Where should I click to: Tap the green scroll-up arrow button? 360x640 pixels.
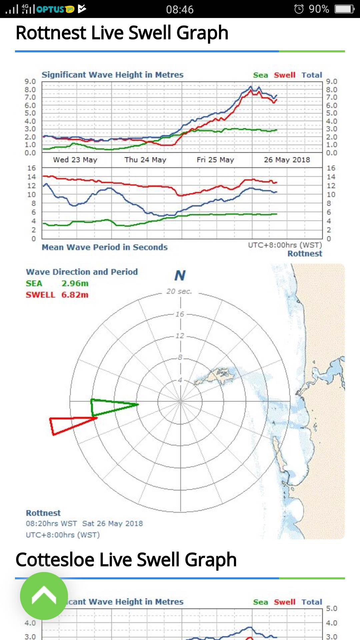click(44, 596)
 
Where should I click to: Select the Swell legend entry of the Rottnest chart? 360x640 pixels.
click(284, 75)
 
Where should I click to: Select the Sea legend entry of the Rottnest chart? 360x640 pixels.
click(260, 75)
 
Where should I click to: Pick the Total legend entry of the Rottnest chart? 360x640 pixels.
click(312, 75)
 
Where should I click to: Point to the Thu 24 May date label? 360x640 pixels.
click(145, 160)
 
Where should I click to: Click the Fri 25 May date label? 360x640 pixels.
click(215, 160)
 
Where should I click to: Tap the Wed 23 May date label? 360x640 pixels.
click(75, 160)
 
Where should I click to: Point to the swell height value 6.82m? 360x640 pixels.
click(75, 295)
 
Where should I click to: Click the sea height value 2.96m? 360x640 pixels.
click(75, 283)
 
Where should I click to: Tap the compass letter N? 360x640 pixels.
click(180, 276)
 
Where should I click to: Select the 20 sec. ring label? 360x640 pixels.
click(179, 291)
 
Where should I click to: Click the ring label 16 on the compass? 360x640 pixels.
click(180, 314)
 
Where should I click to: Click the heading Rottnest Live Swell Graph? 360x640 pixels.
click(122, 33)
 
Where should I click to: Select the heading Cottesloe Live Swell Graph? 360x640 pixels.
click(126, 559)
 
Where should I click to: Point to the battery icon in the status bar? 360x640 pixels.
click(344, 9)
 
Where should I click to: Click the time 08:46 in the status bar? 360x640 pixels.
click(180, 9)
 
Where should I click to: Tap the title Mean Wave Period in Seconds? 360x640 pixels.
click(104, 247)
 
